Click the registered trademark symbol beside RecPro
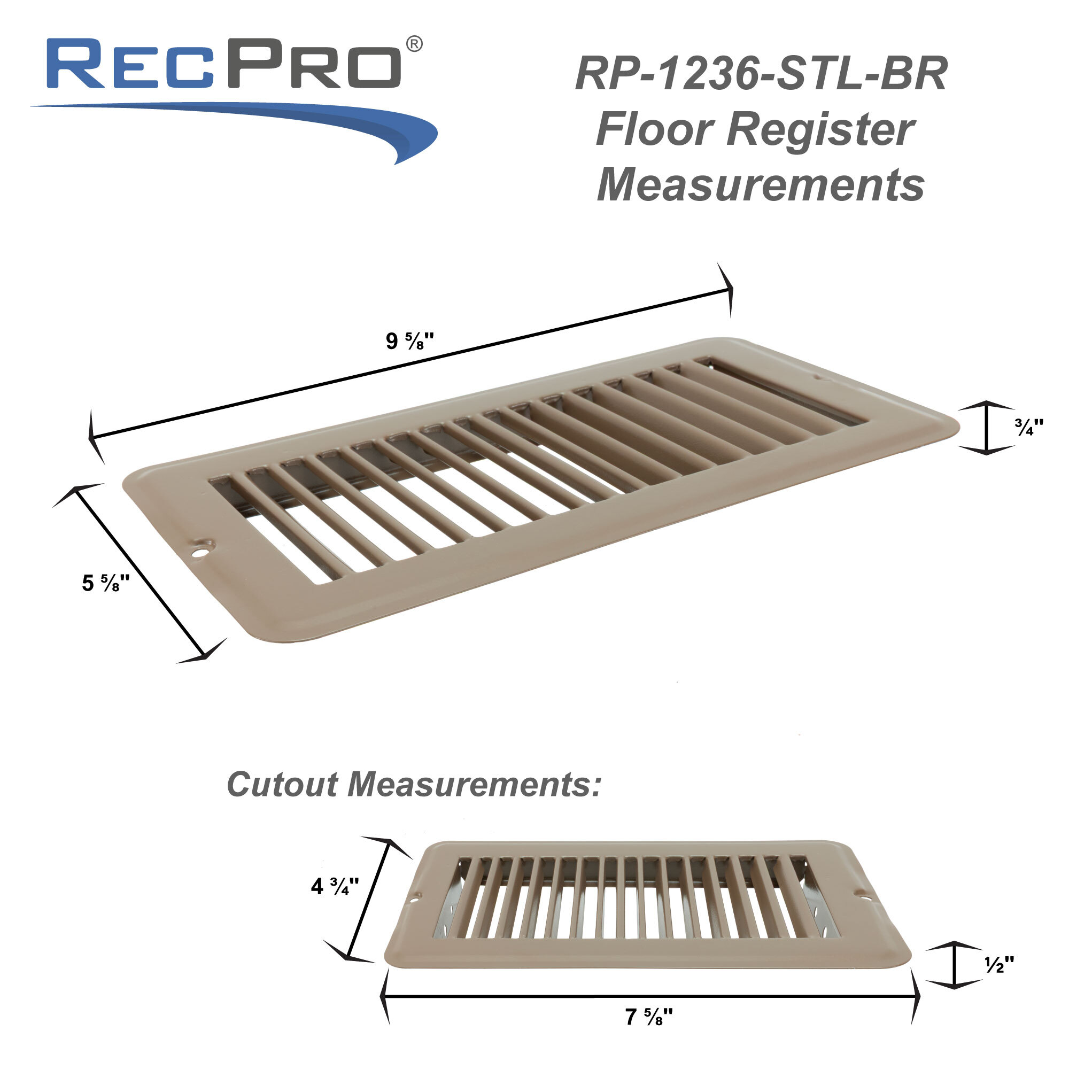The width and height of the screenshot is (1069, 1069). point(414,44)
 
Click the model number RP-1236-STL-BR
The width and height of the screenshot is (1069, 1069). point(761,74)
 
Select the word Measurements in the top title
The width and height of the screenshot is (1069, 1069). point(761,185)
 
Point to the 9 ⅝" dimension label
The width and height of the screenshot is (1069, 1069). point(409,342)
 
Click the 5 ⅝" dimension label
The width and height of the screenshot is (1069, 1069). point(106,583)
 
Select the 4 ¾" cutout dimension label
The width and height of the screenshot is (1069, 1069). point(335,886)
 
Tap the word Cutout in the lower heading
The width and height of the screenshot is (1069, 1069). point(282,785)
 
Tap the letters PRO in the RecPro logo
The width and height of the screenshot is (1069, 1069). point(313,64)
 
